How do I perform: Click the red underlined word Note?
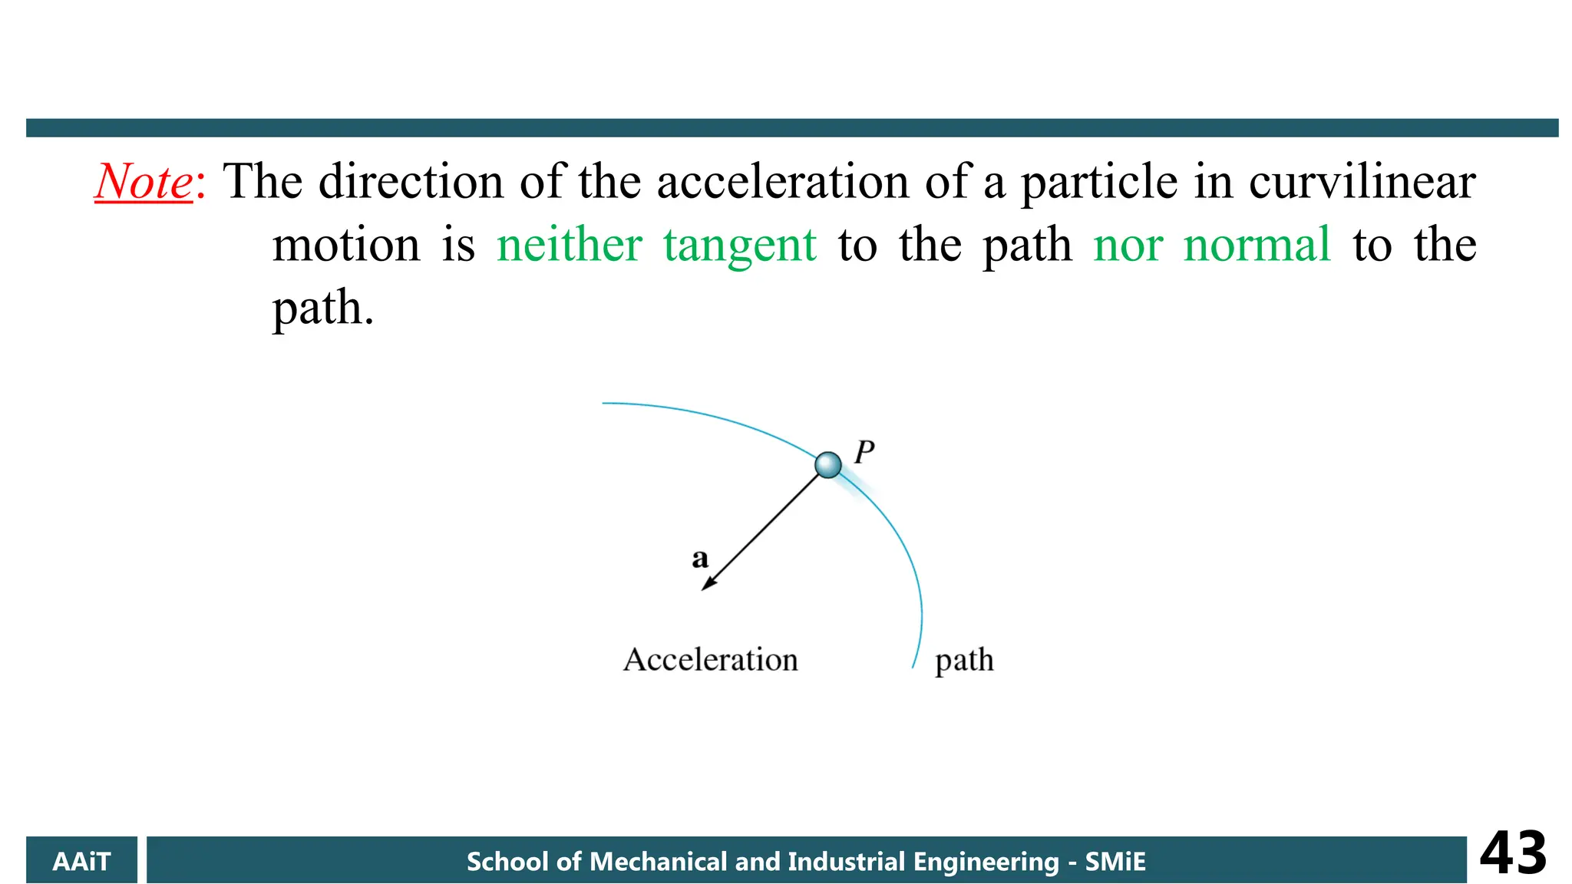144,183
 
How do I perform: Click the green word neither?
569,246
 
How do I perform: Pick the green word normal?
1257,246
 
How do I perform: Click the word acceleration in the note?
783,183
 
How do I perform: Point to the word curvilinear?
1362,183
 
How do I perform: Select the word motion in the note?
346,246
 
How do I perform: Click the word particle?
1098,183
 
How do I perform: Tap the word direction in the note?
411,183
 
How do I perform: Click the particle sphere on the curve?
827,465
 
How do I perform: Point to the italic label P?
864,452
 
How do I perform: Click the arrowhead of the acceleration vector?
708,584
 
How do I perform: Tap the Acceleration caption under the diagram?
710,660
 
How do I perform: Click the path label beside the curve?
964,660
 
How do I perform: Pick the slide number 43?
1512,853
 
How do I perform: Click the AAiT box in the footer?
81,861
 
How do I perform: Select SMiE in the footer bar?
1115,862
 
